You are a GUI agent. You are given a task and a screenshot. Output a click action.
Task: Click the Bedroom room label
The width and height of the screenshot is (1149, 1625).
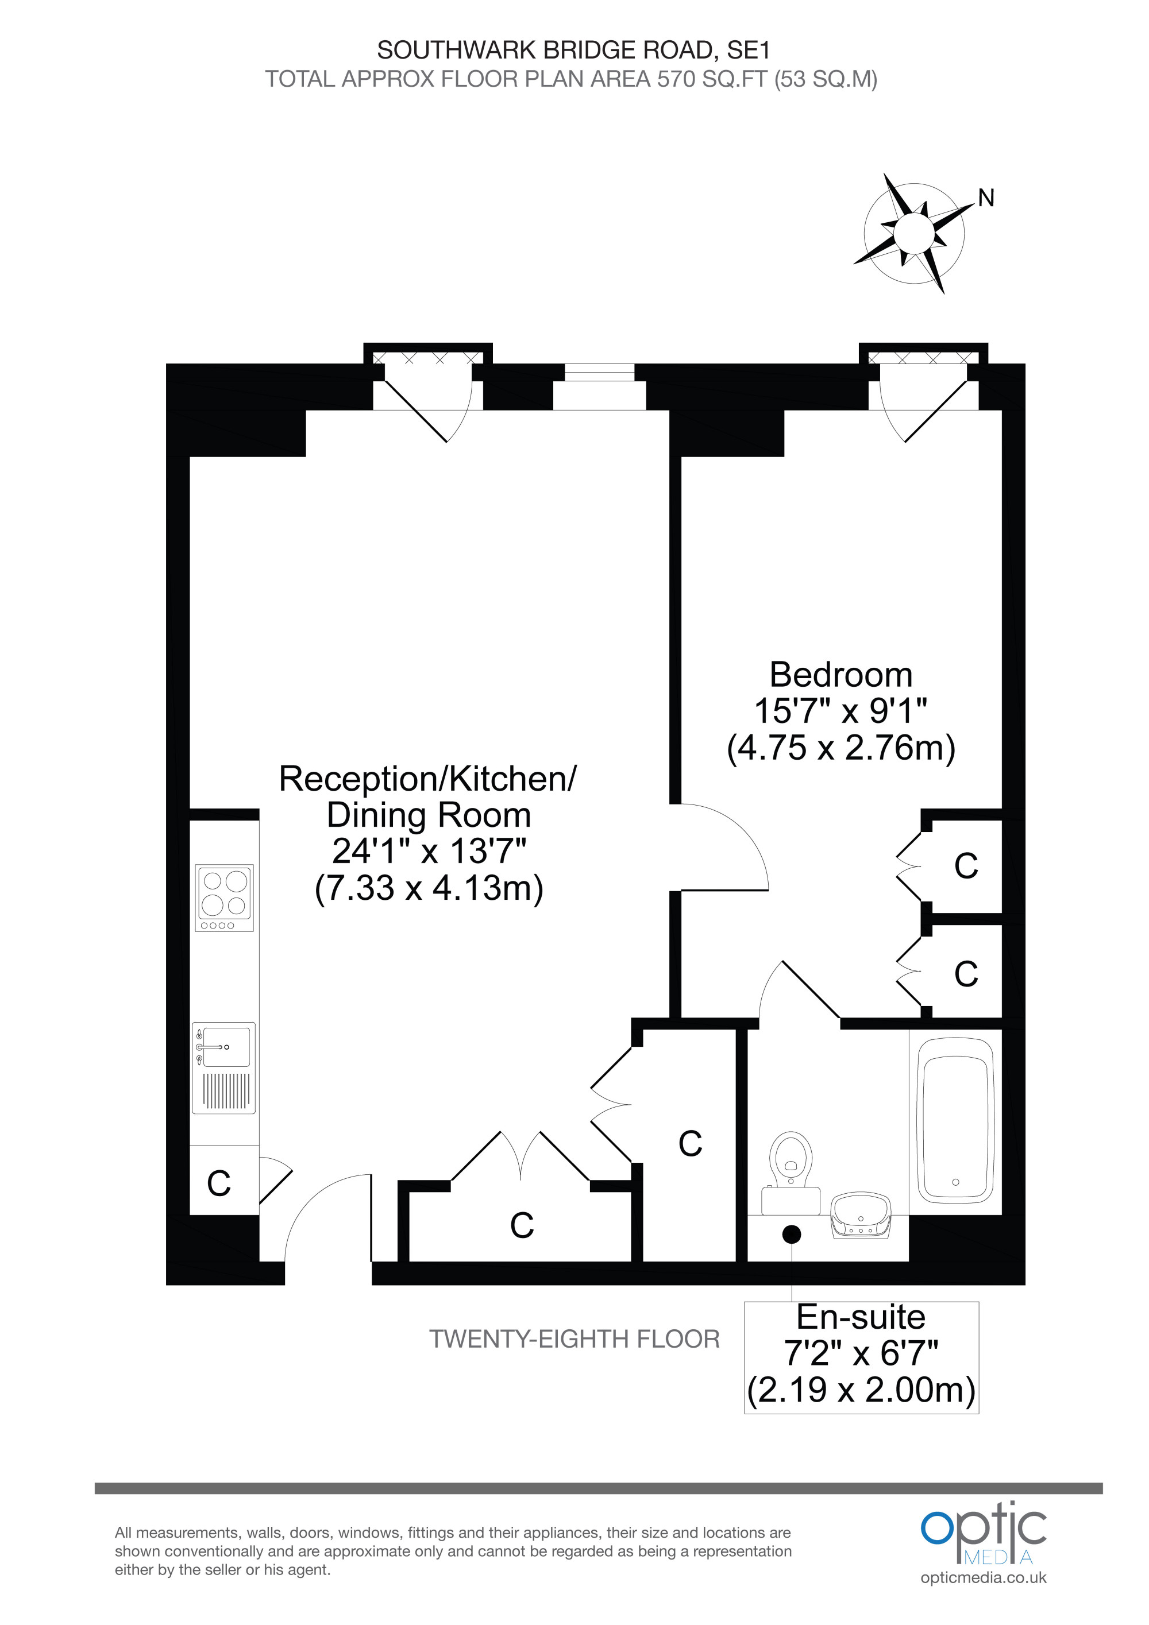[840, 675]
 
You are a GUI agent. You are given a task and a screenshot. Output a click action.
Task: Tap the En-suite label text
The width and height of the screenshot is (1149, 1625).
[861, 1317]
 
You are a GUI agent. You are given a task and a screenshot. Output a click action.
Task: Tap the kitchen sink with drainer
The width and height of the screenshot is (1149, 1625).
[223, 1068]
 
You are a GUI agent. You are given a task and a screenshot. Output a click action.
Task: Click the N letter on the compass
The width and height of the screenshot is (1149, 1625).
[986, 198]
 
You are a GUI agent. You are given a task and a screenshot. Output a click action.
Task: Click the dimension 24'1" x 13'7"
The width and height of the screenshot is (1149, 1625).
[429, 851]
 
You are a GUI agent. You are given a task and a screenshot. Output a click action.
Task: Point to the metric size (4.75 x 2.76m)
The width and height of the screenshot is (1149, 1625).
[841, 748]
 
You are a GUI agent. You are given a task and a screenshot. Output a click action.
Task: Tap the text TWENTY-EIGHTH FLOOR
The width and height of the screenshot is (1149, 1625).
[574, 1339]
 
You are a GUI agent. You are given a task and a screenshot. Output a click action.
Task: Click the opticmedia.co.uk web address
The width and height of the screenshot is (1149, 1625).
[984, 1577]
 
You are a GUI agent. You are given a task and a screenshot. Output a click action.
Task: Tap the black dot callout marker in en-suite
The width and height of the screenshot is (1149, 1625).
[792, 1235]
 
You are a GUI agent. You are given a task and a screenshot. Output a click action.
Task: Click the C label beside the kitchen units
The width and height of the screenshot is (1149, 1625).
[219, 1183]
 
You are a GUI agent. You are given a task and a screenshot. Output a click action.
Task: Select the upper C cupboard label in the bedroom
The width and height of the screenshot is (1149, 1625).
[966, 865]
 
